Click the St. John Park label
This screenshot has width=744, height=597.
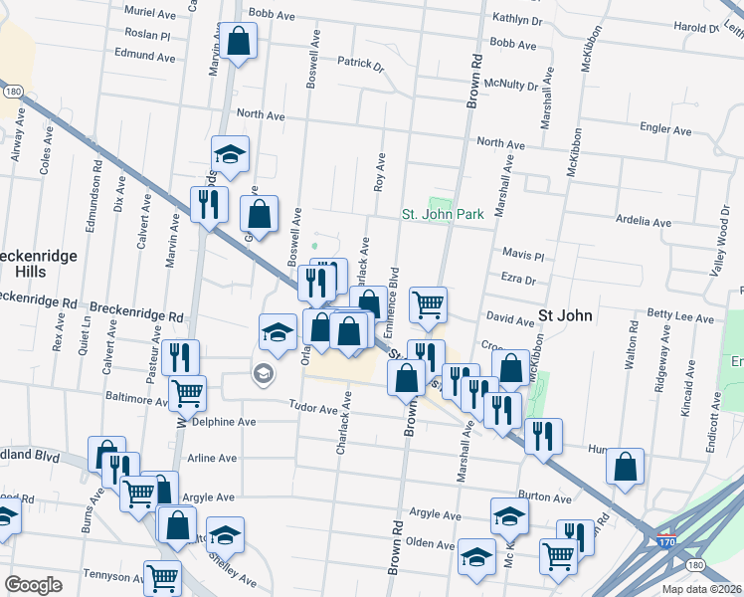tap(443, 214)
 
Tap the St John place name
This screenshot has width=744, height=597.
tap(565, 315)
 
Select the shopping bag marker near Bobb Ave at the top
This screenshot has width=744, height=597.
tap(238, 43)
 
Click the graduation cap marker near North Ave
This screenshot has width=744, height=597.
tap(230, 155)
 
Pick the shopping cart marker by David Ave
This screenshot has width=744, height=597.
tap(428, 305)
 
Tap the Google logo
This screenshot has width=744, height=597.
tap(33, 585)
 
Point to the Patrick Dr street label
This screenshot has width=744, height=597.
tap(360, 65)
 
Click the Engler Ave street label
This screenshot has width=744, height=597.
tap(665, 129)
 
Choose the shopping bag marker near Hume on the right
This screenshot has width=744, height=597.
tap(625, 467)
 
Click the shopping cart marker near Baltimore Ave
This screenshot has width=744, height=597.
tap(186, 393)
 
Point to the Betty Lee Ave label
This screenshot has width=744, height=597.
tap(680, 319)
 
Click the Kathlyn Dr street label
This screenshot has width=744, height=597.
tap(517, 19)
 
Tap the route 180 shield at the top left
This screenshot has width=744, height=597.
tap(12, 91)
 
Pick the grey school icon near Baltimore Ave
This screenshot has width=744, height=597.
tap(263, 375)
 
